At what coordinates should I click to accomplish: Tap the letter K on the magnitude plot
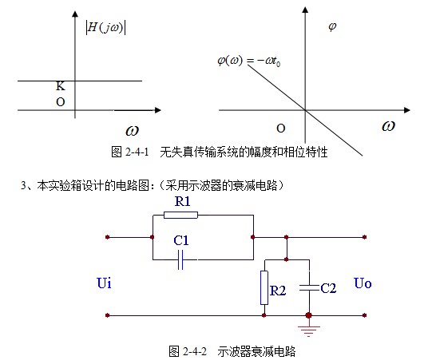[x=60, y=86]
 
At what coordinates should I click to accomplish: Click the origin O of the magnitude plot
[x=60, y=102]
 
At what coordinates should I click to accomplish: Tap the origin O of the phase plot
[x=279, y=128]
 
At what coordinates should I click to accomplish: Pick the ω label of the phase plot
[x=388, y=126]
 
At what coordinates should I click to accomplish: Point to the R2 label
[x=278, y=291]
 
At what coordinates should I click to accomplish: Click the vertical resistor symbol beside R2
[x=264, y=287]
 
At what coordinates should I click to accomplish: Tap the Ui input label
[x=104, y=283]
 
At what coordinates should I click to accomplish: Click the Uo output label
[x=363, y=283]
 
